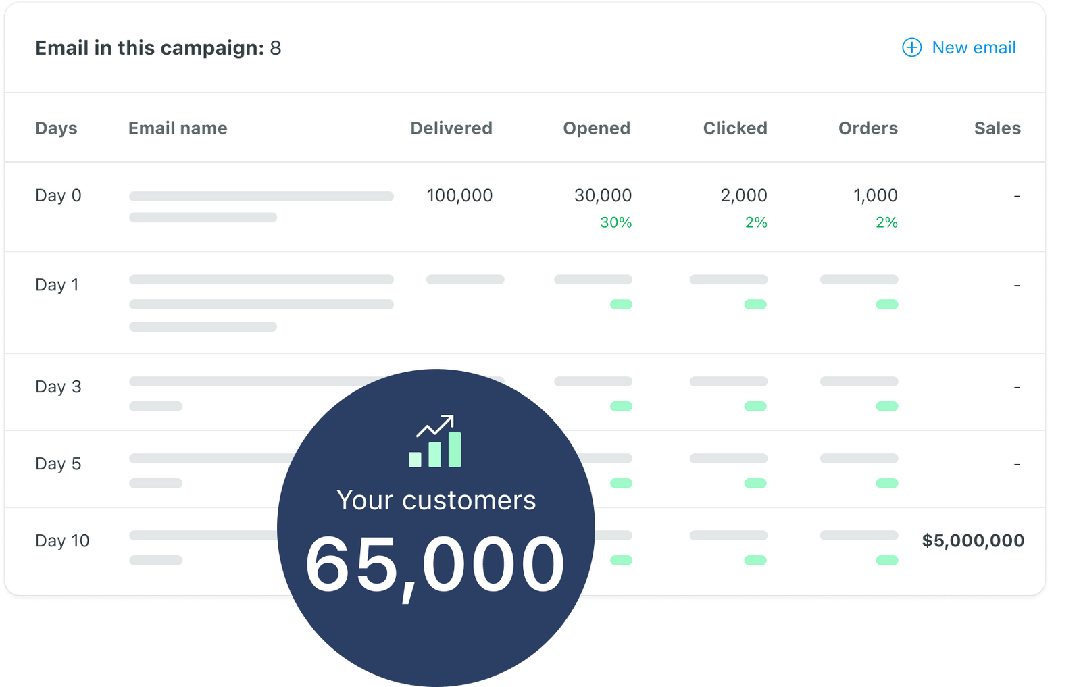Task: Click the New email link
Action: (973, 48)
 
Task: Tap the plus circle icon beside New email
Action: (911, 47)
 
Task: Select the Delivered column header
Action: (451, 128)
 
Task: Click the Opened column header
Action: (596, 128)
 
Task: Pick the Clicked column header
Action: (734, 128)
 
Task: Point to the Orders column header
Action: (868, 128)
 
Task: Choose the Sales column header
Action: (997, 128)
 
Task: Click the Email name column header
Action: (178, 128)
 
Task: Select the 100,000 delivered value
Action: (459, 196)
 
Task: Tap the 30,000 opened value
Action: (603, 196)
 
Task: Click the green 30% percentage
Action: (615, 222)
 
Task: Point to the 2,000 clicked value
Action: (743, 196)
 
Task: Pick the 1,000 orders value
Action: (875, 196)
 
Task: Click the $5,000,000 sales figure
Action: (973, 540)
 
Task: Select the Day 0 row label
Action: (58, 196)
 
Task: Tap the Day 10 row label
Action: (62, 541)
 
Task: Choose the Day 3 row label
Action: (58, 387)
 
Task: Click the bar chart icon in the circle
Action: (435, 442)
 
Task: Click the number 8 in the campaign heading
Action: (276, 48)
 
